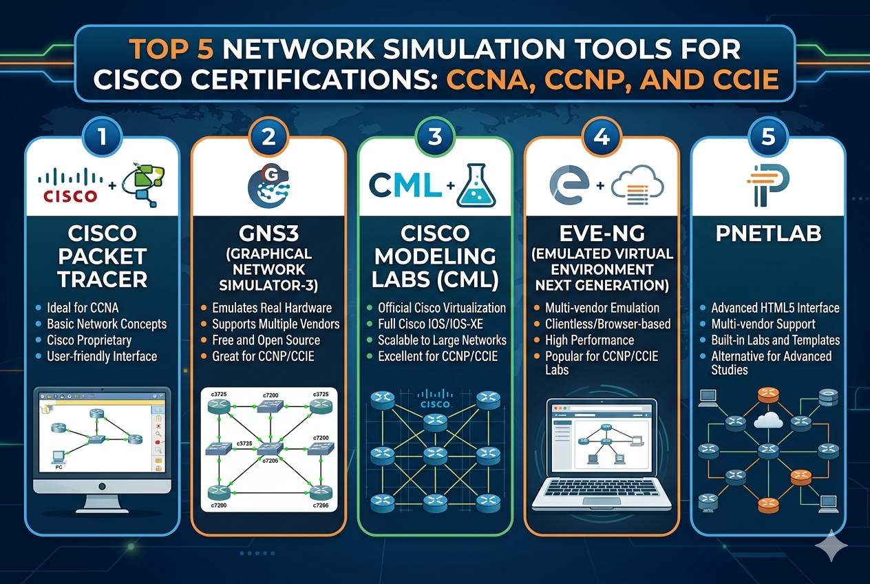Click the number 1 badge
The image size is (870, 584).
coord(102,137)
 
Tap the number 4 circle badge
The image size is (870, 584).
coord(602,137)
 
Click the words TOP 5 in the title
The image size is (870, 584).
coord(171,50)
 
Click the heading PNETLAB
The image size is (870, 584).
coord(768,233)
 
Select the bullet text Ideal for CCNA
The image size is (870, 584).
coord(83,308)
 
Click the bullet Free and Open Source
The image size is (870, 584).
coord(266,340)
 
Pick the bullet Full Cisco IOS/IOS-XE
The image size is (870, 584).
coord(430,324)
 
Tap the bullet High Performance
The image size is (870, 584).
coord(590,340)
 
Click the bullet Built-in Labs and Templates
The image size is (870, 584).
coord(775,340)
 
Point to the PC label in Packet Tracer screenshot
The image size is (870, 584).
coord(59,467)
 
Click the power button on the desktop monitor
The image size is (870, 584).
coord(102,486)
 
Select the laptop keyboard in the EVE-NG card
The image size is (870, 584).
coord(602,488)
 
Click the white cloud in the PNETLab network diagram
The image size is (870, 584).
coord(768,419)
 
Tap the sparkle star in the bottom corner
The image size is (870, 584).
coord(831,545)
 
